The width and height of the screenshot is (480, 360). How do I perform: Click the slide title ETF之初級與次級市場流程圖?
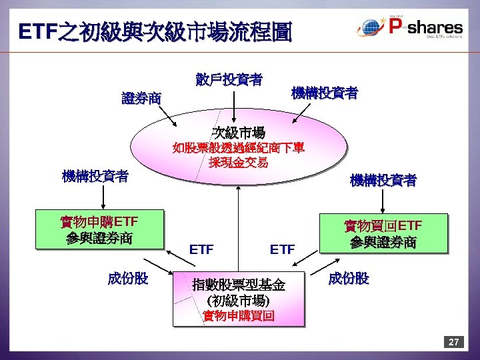[x=155, y=31]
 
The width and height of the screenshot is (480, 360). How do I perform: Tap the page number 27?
[x=453, y=342]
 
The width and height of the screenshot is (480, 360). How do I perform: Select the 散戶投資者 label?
[x=229, y=80]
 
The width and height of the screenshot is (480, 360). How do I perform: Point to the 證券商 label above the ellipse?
[x=141, y=99]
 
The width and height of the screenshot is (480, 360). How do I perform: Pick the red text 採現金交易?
[x=238, y=162]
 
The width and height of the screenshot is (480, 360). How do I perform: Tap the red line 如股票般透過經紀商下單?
[x=238, y=147]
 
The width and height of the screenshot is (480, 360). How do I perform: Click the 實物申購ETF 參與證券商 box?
[x=99, y=229]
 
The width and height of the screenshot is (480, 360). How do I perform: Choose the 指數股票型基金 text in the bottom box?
[x=238, y=285]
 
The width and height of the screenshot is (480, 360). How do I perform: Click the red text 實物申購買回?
[x=238, y=315]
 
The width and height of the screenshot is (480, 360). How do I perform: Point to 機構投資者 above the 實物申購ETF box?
[x=95, y=177]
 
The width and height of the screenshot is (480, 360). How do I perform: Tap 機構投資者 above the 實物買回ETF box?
[x=383, y=180]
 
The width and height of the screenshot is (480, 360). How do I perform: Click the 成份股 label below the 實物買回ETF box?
[x=348, y=278]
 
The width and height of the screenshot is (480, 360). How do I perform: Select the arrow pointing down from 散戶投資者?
[x=233, y=107]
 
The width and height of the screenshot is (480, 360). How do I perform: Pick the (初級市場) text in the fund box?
[x=238, y=300]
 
